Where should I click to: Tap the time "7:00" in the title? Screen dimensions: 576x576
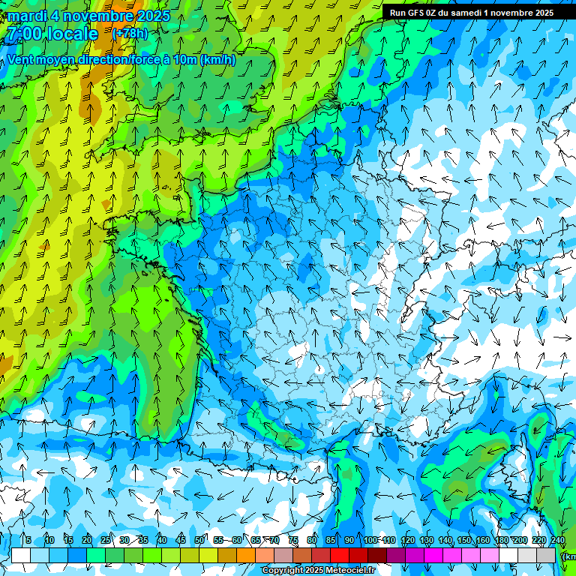pyautogui.click(x=25, y=34)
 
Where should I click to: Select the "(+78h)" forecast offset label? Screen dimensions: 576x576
pyautogui.click(x=130, y=34)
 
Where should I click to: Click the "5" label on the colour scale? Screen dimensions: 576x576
pyautogui.click(x=28, y=540)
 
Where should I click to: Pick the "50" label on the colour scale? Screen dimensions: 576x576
pyautogui.click(x=199, y=540)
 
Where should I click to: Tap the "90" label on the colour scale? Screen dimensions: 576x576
pyautogui.click(x=349, y=540)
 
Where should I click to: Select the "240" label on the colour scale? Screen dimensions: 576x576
pyautogui.click(x=557, y=540)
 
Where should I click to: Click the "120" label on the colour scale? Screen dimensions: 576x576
pyautogui.click(x=407, y=540)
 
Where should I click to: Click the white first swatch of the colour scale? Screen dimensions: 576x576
pyautogui.click(x=21, y=556)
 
